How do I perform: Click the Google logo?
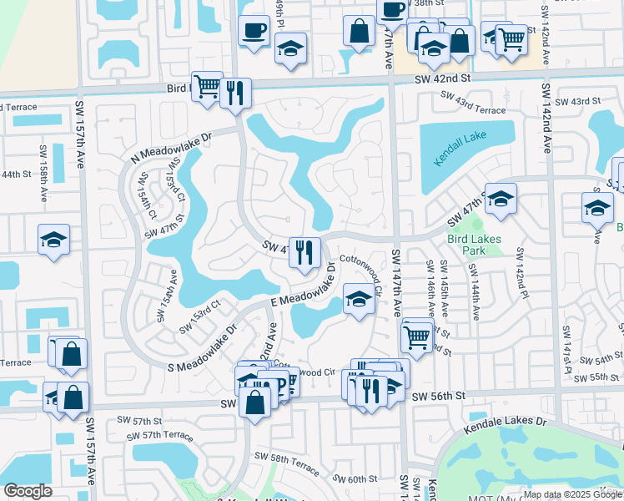point(28,490)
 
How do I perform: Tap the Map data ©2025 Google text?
point(571,494)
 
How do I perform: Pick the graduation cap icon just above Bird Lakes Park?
point(501,199)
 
